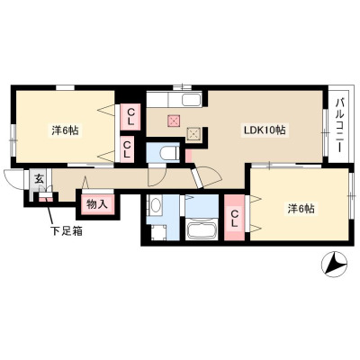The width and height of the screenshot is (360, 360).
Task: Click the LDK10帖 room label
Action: pyautogui.click(x=264, y=130)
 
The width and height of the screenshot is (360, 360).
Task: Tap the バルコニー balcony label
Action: pyautogui.click(x=340, y=126)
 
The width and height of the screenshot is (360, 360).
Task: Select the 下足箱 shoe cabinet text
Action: pyautogui.click(x=66, y=231)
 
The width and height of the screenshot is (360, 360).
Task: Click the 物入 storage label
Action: pyautogui.click(x=97, y=204)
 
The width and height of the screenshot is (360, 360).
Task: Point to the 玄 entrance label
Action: pyautogui.click(x=39, y=179)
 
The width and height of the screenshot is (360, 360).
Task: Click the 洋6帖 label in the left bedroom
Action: pyautogui.click(x=65, y=130)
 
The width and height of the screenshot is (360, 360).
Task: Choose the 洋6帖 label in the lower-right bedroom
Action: pyautogui.click(x=301, y=209)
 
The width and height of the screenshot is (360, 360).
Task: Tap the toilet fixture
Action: pyautogui.click(x=168, y=153)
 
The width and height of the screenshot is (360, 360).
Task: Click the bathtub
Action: pyautogui.click(x=201, y=229)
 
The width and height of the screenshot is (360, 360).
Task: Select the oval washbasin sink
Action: pyautogui.click(x=156, y=206)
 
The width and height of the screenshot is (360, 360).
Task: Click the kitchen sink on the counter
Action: pyautogui.click(x=191, y=100)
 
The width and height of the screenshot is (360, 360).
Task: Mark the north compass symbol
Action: pyautogui.click(x=334, y=264)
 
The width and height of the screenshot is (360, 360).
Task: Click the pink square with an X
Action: pyautogui.click(x=174, y=121)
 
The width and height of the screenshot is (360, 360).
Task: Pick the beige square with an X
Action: pyautogui.click(x=193, y=133)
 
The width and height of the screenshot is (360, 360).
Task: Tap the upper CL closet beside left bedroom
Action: pyautogui.click(x=130, y=117)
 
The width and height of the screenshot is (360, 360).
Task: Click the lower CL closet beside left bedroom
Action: pyautogui.click(x=127, y=149)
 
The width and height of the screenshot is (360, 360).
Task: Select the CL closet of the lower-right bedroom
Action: pyautogui.click(x=234, y=218)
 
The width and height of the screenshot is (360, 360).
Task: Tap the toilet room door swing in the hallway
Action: pyautogui.click(x=157, y=176)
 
